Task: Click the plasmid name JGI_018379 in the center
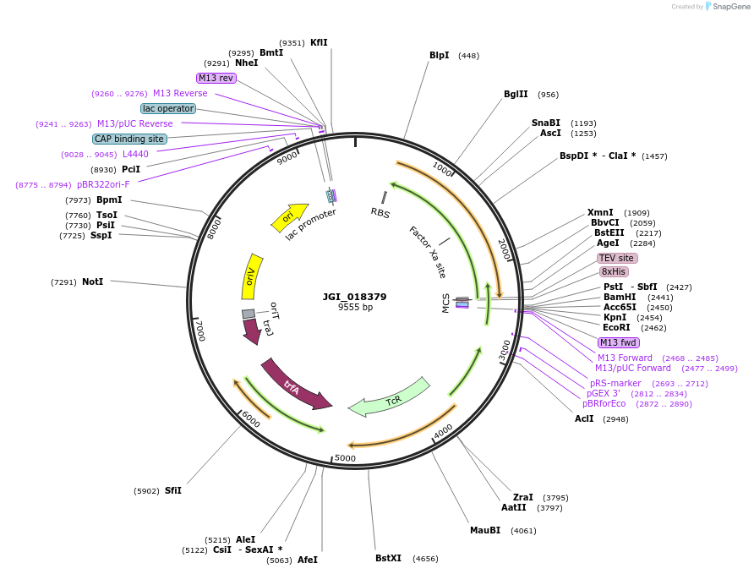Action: tap(354, 297)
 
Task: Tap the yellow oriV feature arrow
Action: tap(251, 276)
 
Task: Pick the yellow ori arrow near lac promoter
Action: tap(289, 216)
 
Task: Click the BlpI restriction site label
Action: tap(439, 56)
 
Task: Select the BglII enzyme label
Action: tap(516, 95)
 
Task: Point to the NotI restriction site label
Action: tap(92, 282)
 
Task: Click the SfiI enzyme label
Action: tap(172, 490)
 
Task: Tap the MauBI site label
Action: tap(485, 531)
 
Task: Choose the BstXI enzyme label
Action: tap(388, 559)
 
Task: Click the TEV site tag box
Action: tap(617, 259)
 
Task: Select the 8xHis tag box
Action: tap(614, 272)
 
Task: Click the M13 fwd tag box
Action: tap(618, 342)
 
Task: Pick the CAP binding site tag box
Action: tap(129, 139)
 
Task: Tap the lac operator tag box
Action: tap(168, 108)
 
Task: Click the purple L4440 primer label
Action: tap(135, 154)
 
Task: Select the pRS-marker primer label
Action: tap(615, 384)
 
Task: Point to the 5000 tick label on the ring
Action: tap(345, 458)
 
